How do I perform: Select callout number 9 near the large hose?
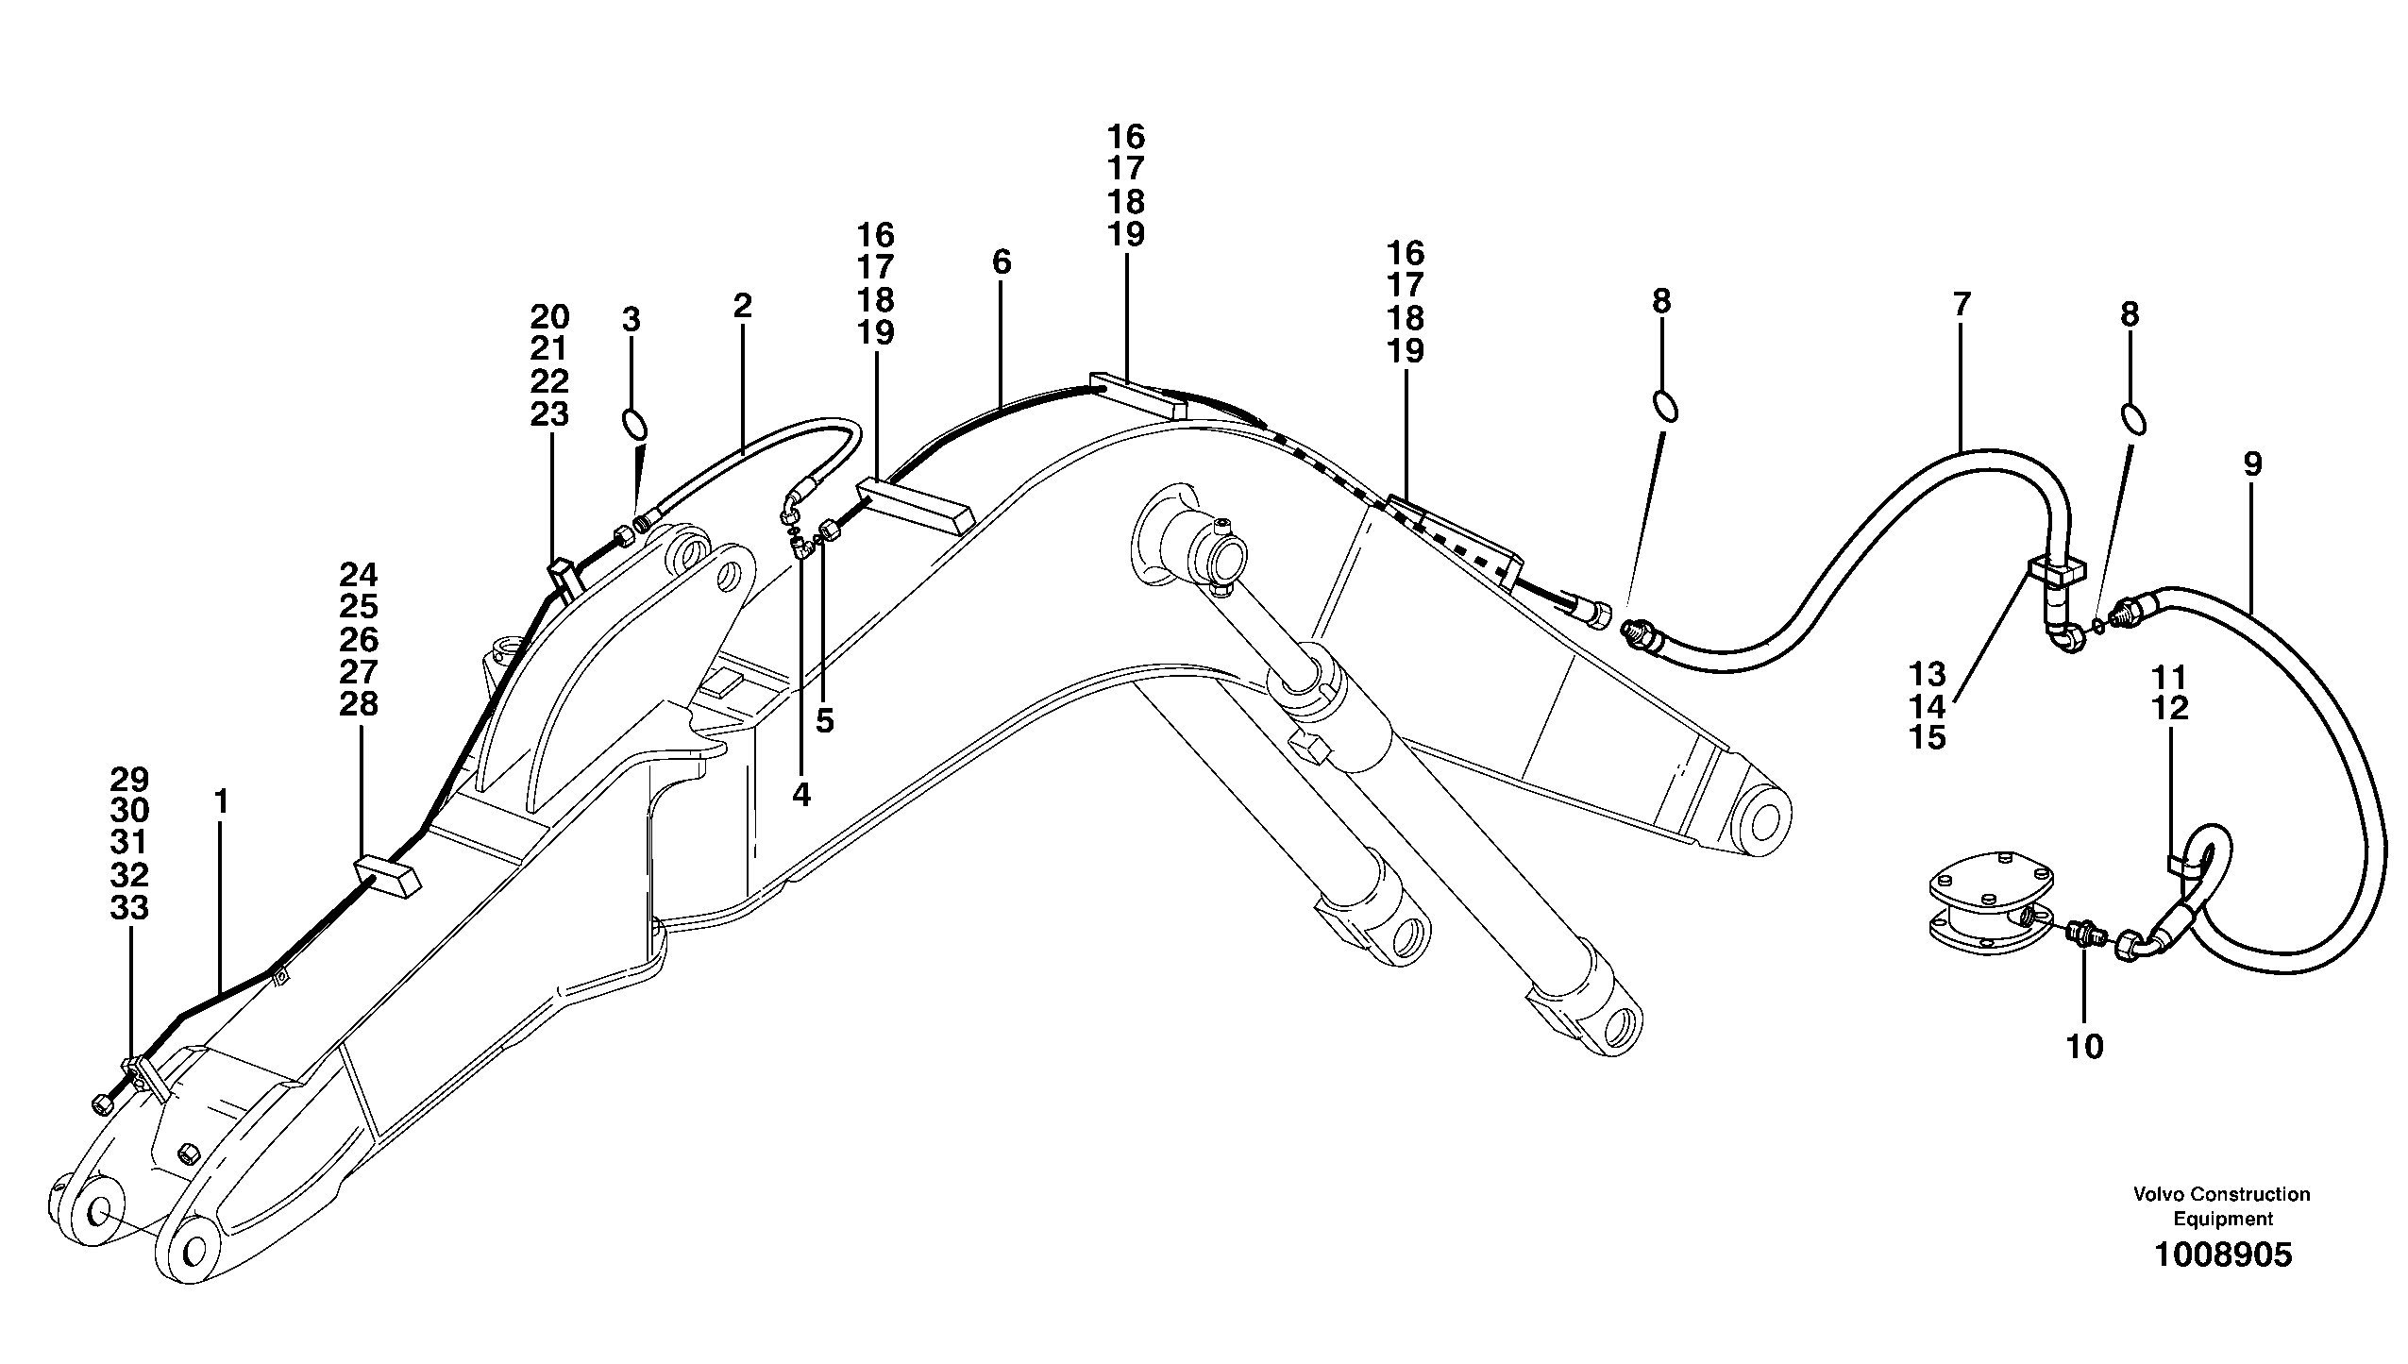(2252, 463)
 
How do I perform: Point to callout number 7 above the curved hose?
(1962, 304)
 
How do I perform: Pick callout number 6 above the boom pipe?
(1002, 262)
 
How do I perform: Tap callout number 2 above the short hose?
(742, 306)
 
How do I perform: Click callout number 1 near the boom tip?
(221, 803)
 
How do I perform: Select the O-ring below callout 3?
(635, 422)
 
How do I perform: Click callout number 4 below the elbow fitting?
(800, 795)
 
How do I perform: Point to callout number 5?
(825, 722)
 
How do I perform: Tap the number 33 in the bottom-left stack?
(129, 908)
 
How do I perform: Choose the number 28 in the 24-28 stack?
(359, 704)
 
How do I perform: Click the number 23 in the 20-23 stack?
(549, 414)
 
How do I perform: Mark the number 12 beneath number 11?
(2170, 708)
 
